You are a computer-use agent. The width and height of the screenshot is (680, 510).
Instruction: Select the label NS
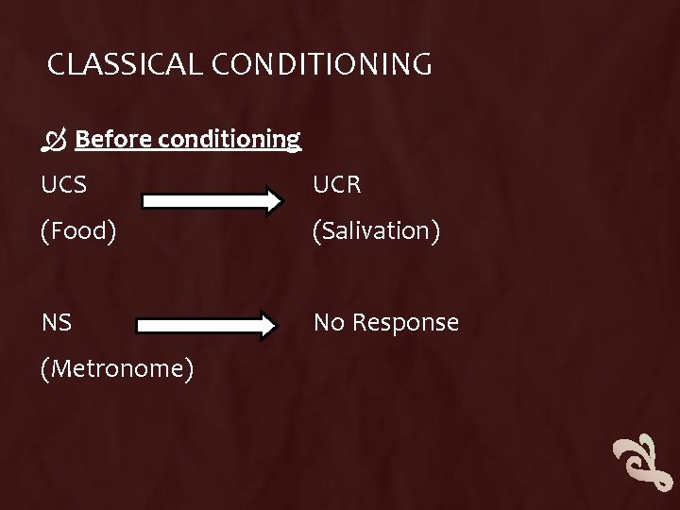56,323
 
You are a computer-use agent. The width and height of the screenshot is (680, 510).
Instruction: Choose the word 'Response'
403,323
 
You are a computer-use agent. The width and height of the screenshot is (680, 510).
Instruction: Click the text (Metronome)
118,368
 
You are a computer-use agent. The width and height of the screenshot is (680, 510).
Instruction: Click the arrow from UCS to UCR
212,200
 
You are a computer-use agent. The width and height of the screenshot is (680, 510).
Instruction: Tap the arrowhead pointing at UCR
272,200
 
